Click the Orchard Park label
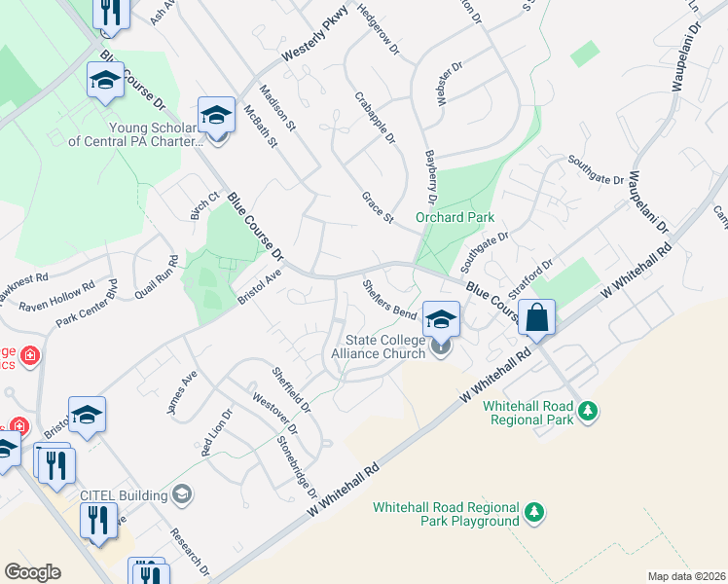click(455, 217)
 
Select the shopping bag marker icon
click(536, 318)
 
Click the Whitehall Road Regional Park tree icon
click(587, 412)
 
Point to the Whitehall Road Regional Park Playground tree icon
click(533, 512)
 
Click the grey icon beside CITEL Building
click(181, 495)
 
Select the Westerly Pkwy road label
click(314, 44)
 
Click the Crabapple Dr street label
click(375, 118)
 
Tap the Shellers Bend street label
click(388, 300)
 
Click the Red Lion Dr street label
click(212, 433)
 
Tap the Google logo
click(32, 572)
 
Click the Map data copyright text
click(686, 576)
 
